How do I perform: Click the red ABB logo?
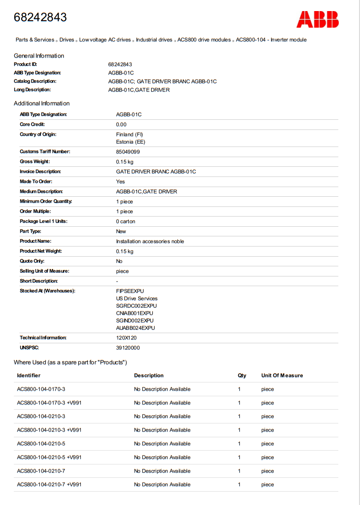point(317,19)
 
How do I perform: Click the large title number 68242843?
point(40,18)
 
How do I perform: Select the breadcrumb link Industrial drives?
point(154,40)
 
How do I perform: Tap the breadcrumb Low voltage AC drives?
point(105,40)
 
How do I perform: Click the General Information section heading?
point(39,56)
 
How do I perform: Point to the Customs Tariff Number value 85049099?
point(128,152)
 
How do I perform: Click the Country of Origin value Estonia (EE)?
point(130,142)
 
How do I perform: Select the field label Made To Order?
point(36,182)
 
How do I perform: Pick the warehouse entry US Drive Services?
point(136,299)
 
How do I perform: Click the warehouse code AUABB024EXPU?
point(136,328)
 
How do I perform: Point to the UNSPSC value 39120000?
point(128,348)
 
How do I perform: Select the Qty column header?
point(242,376)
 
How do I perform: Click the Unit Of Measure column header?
point(282,376)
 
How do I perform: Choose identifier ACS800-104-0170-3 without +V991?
point(41,389)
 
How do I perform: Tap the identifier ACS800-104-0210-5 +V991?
point(49,458)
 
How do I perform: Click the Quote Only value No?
point(119,261)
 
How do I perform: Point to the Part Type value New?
point(121,231)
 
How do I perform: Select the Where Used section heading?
point(70,363)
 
